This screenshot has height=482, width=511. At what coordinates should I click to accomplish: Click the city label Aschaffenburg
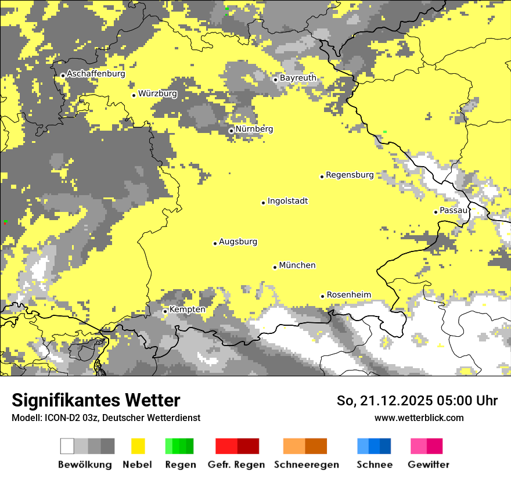(96, 74)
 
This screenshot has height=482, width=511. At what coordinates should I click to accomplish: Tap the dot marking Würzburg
(134, 95)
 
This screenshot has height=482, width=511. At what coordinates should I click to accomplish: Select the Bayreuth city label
(298, 78)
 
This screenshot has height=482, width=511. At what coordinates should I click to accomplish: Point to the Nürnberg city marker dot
(231, 131)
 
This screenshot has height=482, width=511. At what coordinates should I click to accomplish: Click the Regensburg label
(350, 175)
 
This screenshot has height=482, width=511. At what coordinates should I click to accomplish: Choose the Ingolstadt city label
(287, 201)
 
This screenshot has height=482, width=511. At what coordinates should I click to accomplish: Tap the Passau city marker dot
(436, 212)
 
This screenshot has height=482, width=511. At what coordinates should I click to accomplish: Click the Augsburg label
(237, 242)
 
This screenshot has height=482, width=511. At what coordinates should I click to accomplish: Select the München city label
(297, 265)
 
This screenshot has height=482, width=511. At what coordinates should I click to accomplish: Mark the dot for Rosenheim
(322, 296)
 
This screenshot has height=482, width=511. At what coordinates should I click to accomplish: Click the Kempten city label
(187, 310)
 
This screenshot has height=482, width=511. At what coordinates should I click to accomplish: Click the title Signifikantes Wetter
(96, 400)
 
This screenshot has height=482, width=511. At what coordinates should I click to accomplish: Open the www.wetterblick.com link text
(419, 418)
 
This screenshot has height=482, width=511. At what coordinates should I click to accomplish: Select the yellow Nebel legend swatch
(138, 446)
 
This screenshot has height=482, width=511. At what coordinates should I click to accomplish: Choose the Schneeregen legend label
(306, 465)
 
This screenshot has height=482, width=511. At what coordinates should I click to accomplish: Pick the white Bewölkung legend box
(67, 446)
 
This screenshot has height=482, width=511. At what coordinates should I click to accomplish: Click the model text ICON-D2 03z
(70, 418)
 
